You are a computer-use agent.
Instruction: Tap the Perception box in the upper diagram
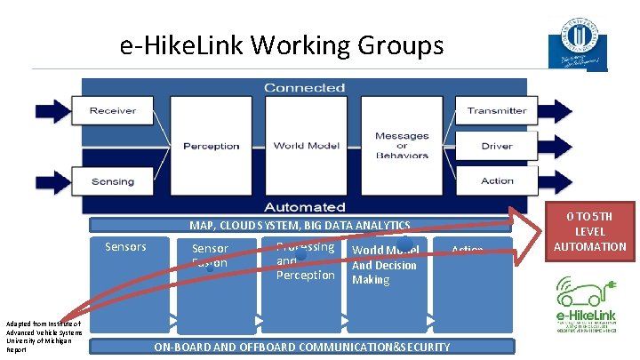212,146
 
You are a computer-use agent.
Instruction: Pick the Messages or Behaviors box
401,146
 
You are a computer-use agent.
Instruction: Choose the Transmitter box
497,111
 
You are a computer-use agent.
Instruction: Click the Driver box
497,146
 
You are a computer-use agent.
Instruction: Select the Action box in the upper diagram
497,181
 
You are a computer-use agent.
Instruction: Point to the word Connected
304,87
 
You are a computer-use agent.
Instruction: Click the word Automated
304,206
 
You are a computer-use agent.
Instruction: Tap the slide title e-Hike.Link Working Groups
281,44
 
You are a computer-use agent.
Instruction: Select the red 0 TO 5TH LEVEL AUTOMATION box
590,231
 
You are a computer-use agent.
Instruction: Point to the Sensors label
125,246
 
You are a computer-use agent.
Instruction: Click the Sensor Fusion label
210,255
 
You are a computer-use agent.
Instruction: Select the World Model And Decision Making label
385,265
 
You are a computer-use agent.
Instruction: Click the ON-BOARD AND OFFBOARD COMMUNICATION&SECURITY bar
302,347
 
